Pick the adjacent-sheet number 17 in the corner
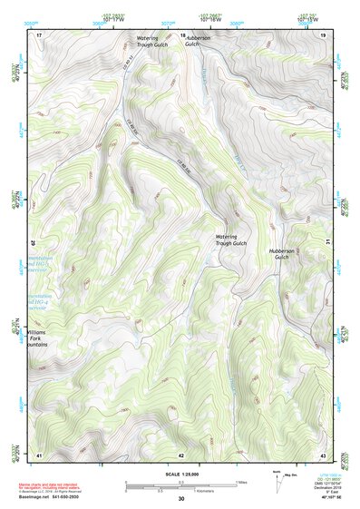[x=39, y=34]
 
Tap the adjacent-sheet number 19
[x=323, y=34]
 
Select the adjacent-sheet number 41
[x=39, y=454]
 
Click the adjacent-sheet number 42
[x=181, y=454]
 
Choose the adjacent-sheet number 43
[x=323, y=454]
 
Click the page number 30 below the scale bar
[x=181, y=499]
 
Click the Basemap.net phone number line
[x=52, y=497]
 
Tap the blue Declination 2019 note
[x=322, y=487]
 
